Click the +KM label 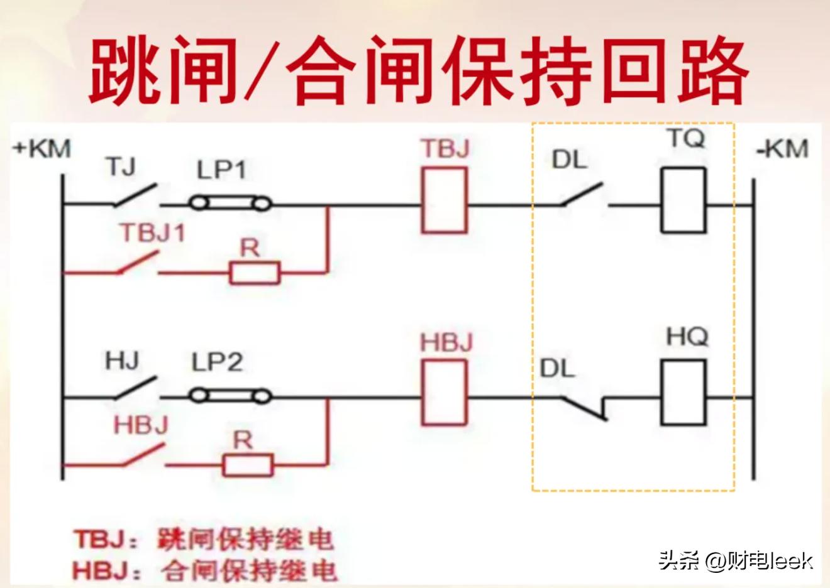(x=42, y=150)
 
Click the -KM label (x=782, y=150)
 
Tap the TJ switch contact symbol (x=135, y=196)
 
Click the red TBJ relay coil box (x=445, y=200)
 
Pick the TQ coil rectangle (x=683, y=200)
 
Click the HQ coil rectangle (x=683, y=393)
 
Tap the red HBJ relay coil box (x=445, y=393)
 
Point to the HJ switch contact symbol (x=135, y=388)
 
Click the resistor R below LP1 (x=255, y=273)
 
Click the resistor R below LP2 (x=248, y=465)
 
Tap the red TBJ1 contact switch (x=137, y=264)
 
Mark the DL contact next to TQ (x=582, y=196)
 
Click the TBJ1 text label (x=153, y=233)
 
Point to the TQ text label (x=686, y=139)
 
